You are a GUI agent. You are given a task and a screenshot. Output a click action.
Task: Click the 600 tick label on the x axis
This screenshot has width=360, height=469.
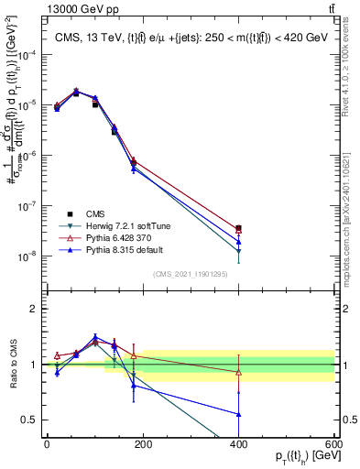(333, 443)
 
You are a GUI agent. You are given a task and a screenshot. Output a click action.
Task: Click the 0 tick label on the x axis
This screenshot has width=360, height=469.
(47, 443)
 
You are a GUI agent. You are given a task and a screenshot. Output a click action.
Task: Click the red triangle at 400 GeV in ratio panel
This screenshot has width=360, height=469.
(238, 372)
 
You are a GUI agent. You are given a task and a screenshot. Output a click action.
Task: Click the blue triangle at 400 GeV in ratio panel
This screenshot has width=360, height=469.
(238, 414)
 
